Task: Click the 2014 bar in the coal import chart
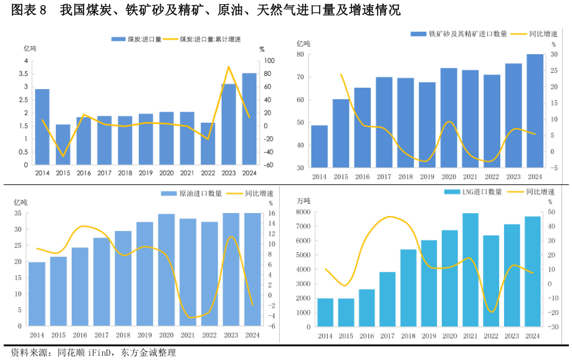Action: pyautogui.click(x=42, y=127)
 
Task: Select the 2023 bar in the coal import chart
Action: pyautogui.click(x=229, y=125)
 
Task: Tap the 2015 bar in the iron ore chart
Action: pyautogui.click(x=341, y=133)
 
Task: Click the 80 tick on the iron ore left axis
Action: pyautogui.click(x=300, y=54)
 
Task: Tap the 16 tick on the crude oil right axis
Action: pyautogui.click(x=271, y=213)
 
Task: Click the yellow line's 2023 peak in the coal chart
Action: pyautogui.click(x=229, y=67)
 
